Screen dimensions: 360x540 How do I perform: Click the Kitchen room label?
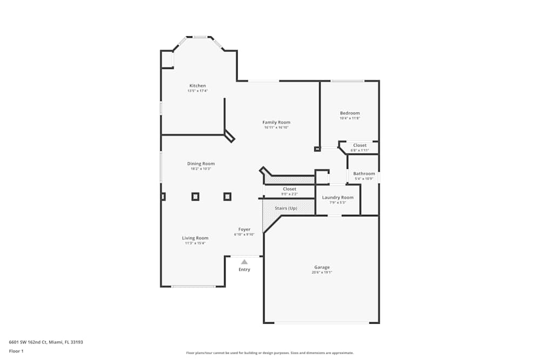coord(197,86)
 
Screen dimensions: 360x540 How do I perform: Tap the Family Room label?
coord(276,123)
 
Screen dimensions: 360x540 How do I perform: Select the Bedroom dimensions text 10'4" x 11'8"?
coord(349,118)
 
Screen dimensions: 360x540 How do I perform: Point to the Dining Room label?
coord(201,164)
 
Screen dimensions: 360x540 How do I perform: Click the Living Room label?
coord(195,238)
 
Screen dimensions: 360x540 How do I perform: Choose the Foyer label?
coord(244,229)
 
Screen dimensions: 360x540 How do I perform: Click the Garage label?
coord(322,267)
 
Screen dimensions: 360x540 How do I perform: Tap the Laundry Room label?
coord(337,198)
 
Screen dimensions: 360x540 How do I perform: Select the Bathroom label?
coord(364,174)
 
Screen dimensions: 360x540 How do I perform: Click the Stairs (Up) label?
coord(286,208)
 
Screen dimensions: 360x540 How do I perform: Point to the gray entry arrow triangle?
coord(244,262)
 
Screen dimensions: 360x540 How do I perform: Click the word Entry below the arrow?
coord(244,269)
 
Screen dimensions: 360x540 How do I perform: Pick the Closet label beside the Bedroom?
coord(360,145)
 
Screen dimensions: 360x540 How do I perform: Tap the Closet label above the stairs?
coord(289,189)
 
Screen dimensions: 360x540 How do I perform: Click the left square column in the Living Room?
coord(195,196)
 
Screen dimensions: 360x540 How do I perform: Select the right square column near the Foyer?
coord(227,196)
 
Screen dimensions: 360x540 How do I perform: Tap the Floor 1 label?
coord(16,351)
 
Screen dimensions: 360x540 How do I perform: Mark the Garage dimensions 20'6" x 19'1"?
coord(322,273)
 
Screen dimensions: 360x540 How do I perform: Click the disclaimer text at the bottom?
coord(270,352)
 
